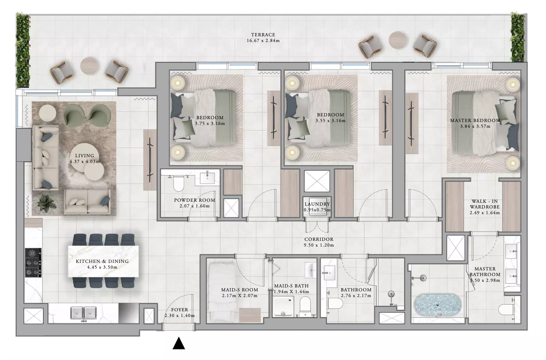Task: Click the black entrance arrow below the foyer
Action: (179, 343)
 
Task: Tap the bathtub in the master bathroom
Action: (437, 305)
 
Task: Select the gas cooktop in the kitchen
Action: (33, 263)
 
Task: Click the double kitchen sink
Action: (84, 313)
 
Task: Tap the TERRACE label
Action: (263, 35)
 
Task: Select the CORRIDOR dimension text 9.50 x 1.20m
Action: (319, 245)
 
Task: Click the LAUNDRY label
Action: (317, 204)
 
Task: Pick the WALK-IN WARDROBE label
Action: (485, 204)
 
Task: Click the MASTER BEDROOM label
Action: (475, 121)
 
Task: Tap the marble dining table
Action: (103, 261)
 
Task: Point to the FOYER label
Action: (180, 310)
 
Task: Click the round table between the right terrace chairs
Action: (397, 40)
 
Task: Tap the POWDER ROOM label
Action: (194, 200)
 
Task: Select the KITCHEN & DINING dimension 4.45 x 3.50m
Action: (102, 267)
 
